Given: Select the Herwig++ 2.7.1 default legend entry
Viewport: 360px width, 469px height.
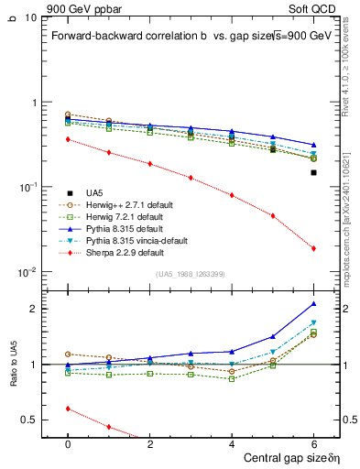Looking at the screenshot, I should click(x=130, y=204).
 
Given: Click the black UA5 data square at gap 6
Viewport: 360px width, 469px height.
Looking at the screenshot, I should click(x=313, y=172).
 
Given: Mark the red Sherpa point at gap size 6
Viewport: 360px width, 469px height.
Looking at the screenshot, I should click(x=313, y=248).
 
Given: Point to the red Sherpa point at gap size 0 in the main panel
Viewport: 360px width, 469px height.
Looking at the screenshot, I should click(x=68, y=139).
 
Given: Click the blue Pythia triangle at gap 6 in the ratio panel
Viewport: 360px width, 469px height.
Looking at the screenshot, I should click(x=313, y=303).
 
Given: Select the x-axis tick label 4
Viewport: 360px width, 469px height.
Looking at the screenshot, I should click(x=232, y=443).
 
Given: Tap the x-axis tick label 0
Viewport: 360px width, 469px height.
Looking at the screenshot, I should click(x=68, y=443).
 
